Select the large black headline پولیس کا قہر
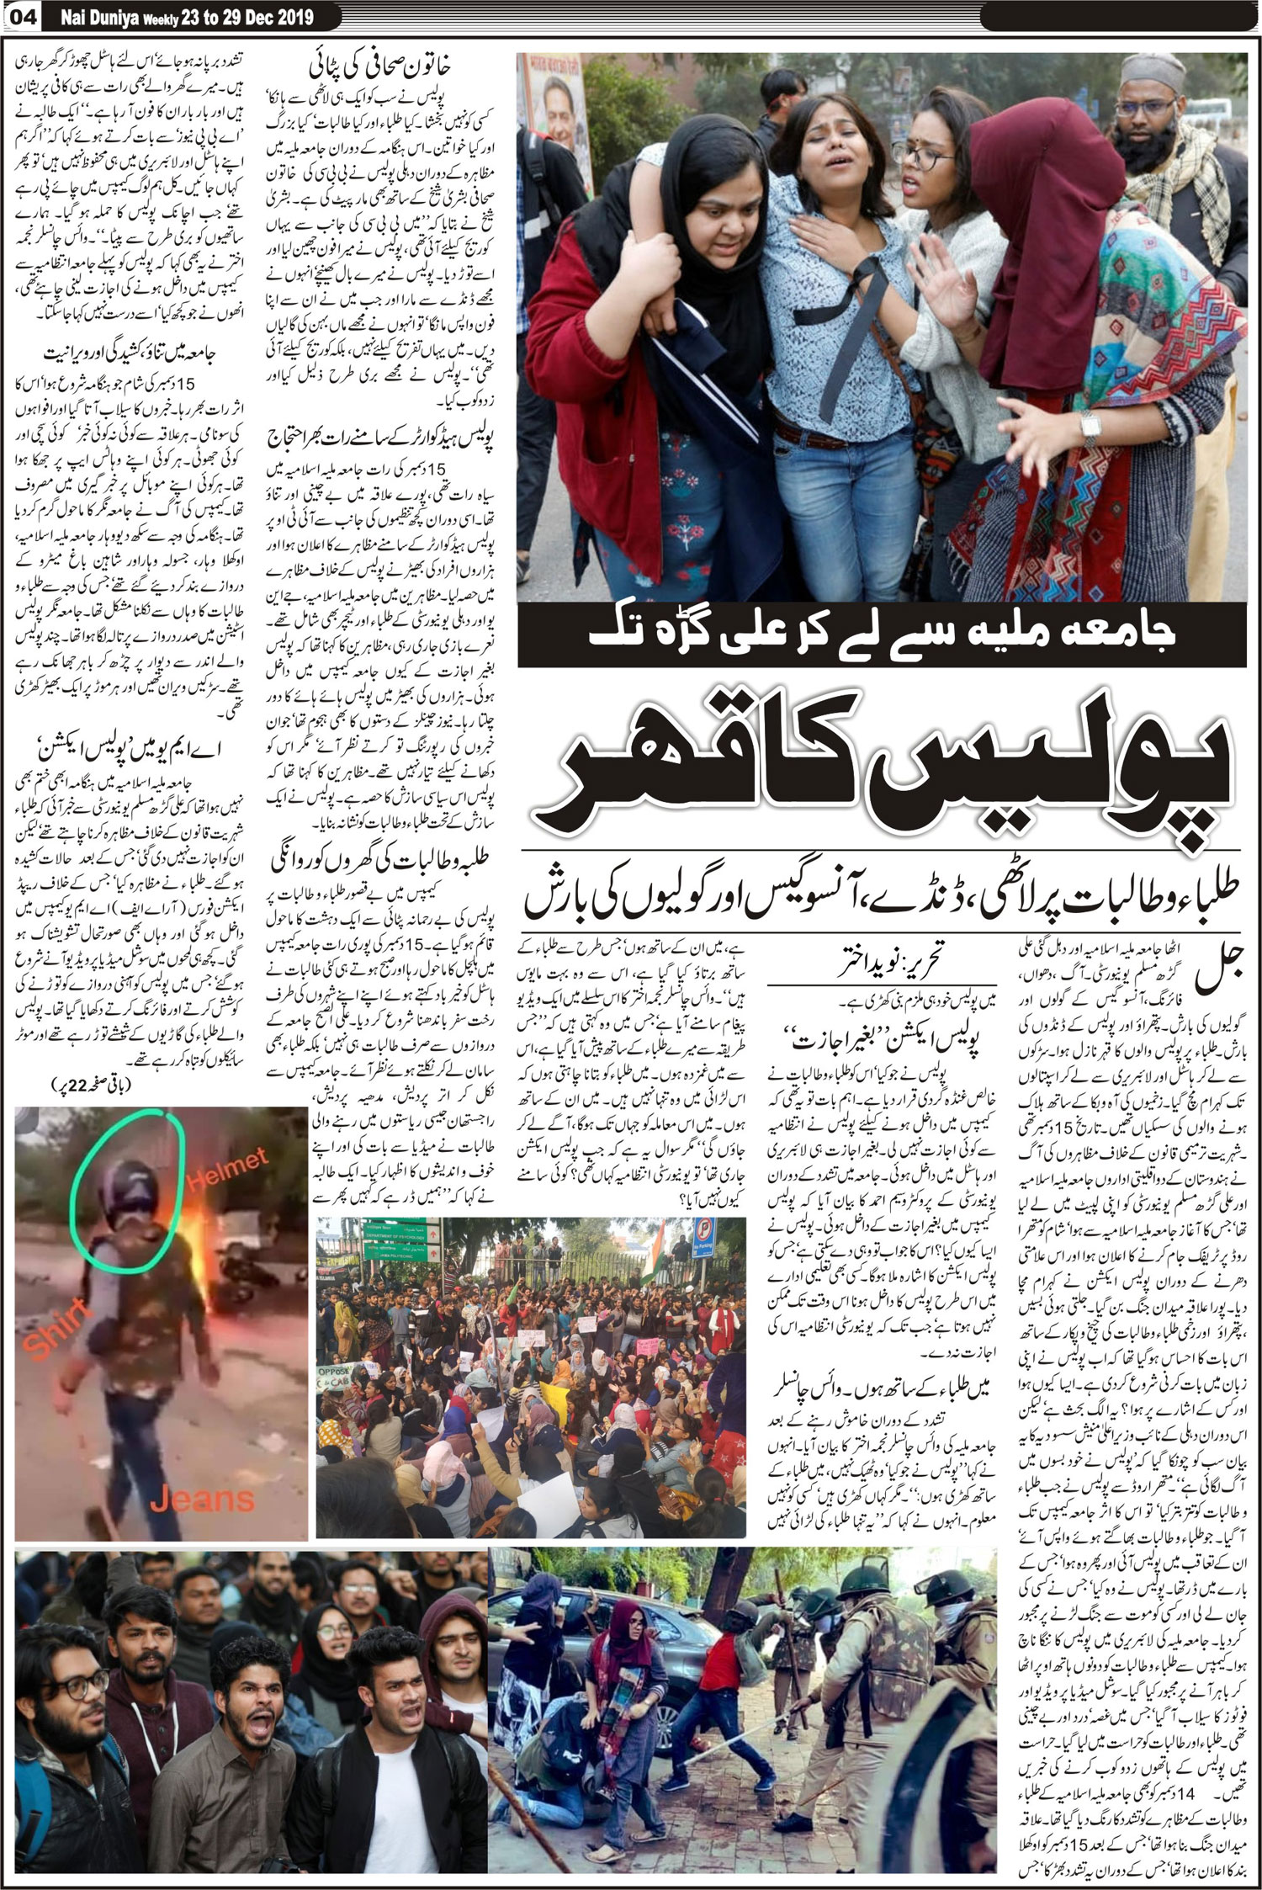point(883,778)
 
